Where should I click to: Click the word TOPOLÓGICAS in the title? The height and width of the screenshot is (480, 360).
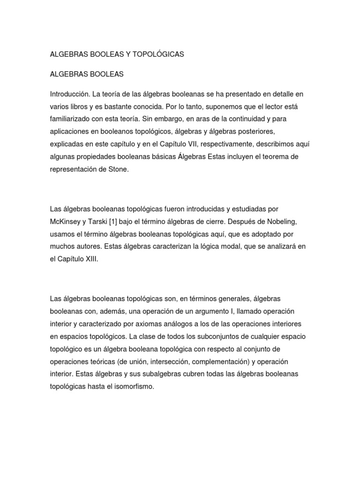[x=158, y=54]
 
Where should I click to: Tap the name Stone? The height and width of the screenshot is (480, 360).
[x=118, y=169]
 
